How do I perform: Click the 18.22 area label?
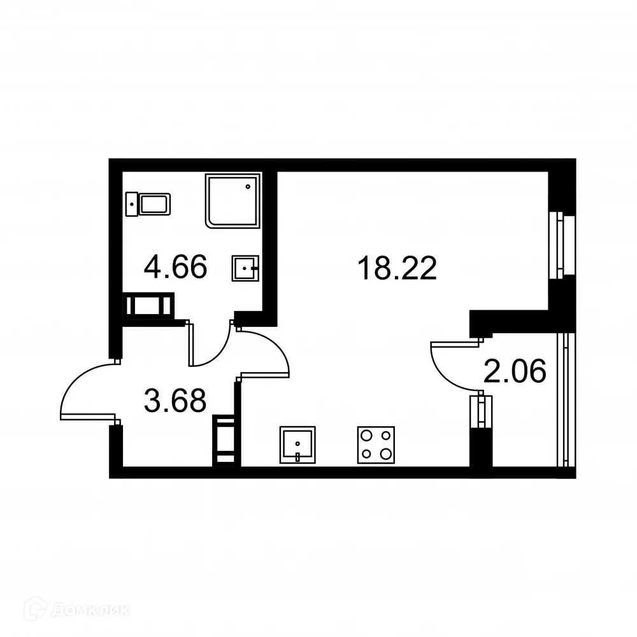click(x=397, y=268)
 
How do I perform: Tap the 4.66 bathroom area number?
click(x=175, y=267)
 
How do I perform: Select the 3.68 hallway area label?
click(x=175, y=401)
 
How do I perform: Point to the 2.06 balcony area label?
click(x=515, y=371)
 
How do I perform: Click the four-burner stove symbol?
click(x=375, y=444)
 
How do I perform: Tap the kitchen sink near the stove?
click(x=297, y=444)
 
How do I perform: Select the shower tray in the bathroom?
click(x=233, y=200)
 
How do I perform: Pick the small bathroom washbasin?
click(x=245, y=269)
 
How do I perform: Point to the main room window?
click(x=560, y=246)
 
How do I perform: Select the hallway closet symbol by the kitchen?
click(x=224, y=439)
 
